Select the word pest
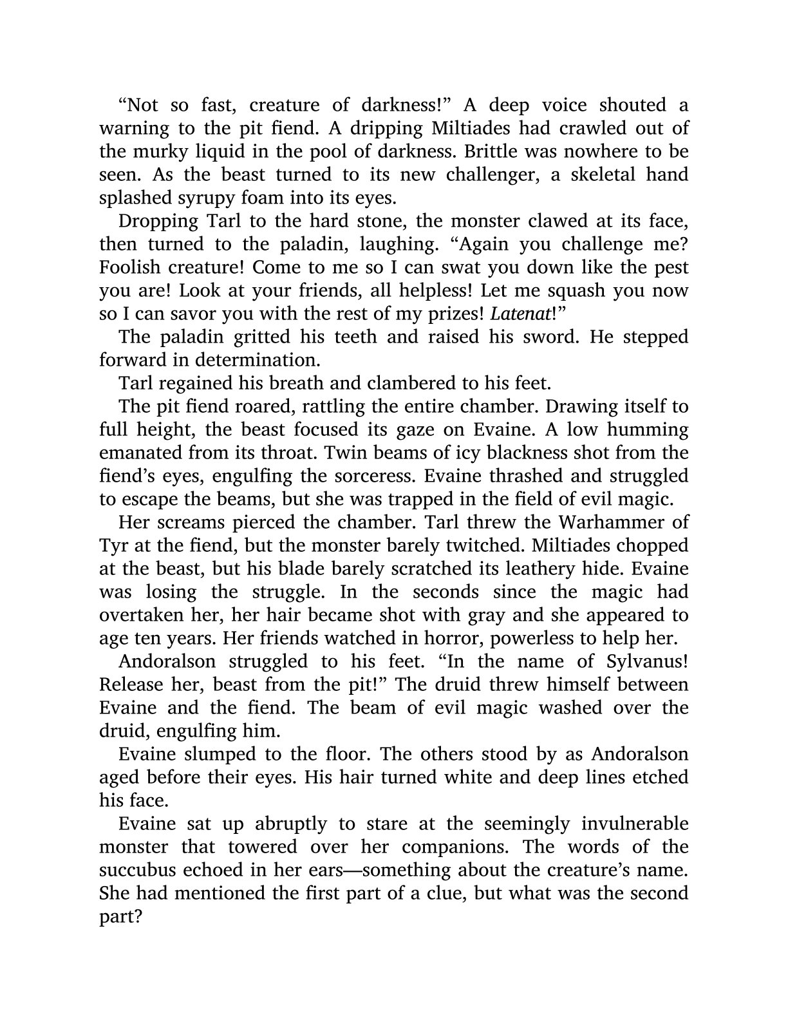pyautogui.click(x=669, y=267)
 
